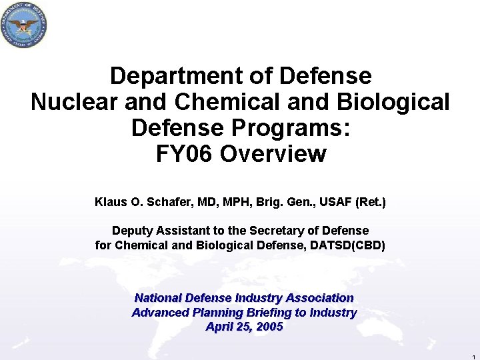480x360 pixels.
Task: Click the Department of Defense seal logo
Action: click(25, 25)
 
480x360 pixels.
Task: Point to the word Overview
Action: click(273, 154)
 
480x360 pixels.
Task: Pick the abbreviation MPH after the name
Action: click(233, 201)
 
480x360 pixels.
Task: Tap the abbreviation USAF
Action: click(331, 201)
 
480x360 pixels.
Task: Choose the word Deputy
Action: click(132, 231)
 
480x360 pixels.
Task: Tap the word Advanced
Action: click(157, 313)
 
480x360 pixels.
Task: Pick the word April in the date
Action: click(220, 327)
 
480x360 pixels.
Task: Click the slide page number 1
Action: click(472, 356)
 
